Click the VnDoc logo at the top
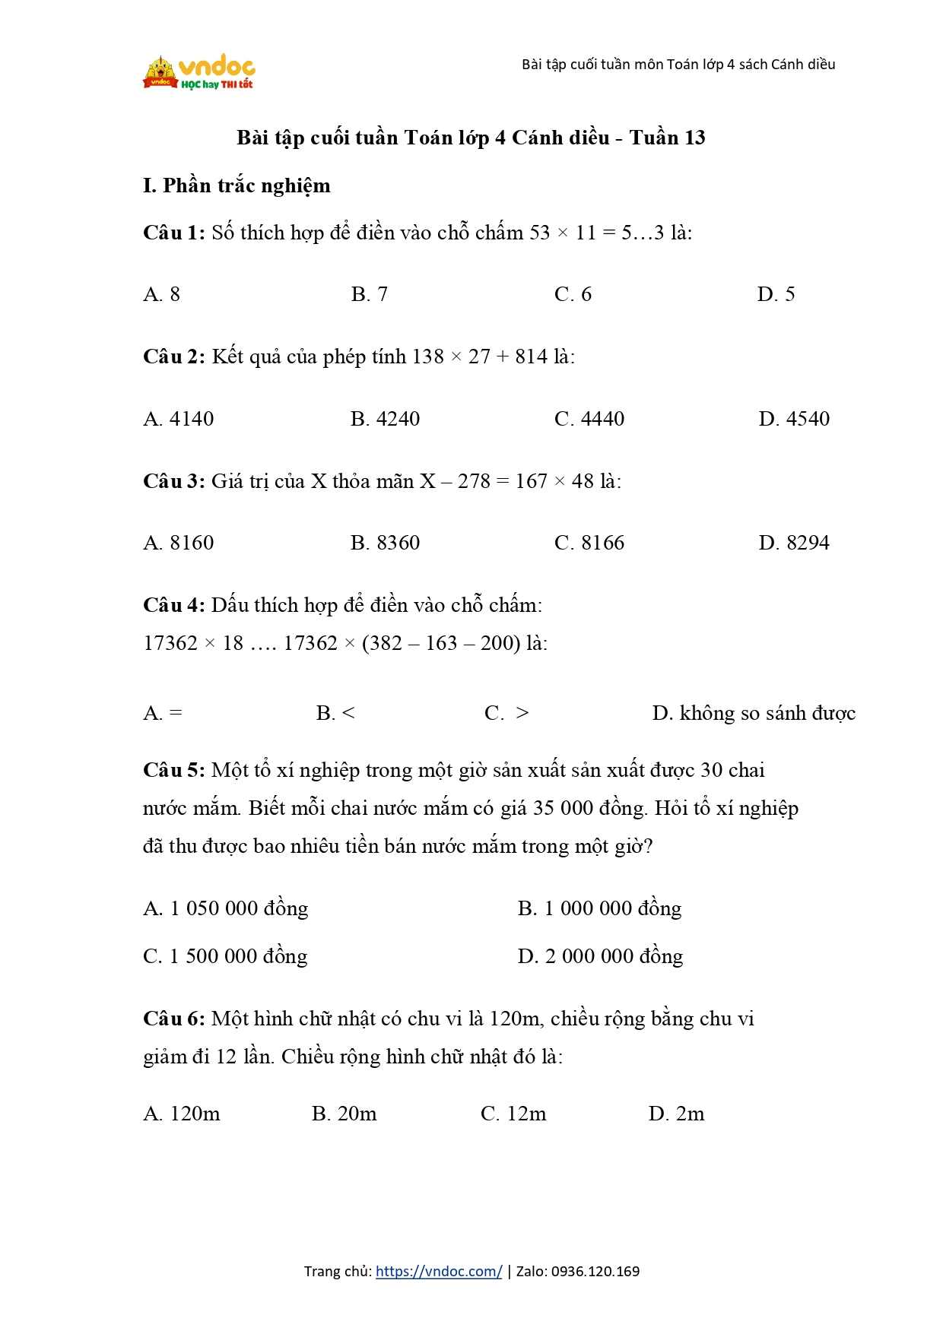point(199,73)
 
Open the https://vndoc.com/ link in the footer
point(439,1271)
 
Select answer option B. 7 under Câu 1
point(370,294)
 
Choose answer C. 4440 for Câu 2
point(589,419)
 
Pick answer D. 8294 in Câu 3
point(794,543)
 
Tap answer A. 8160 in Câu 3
point(179,543)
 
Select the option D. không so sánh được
point(754,713)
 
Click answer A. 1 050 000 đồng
point(226,908)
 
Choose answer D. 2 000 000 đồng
point(600,956)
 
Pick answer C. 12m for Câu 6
point(513,1114)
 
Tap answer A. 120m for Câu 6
point(182,1114)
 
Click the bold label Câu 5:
point(174,770)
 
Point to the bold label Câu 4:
point(174,605)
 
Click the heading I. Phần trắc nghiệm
point(237,185)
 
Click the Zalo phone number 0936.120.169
point(595,1271)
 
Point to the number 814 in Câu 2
point(531,356)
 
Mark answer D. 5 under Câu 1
point(776,294)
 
